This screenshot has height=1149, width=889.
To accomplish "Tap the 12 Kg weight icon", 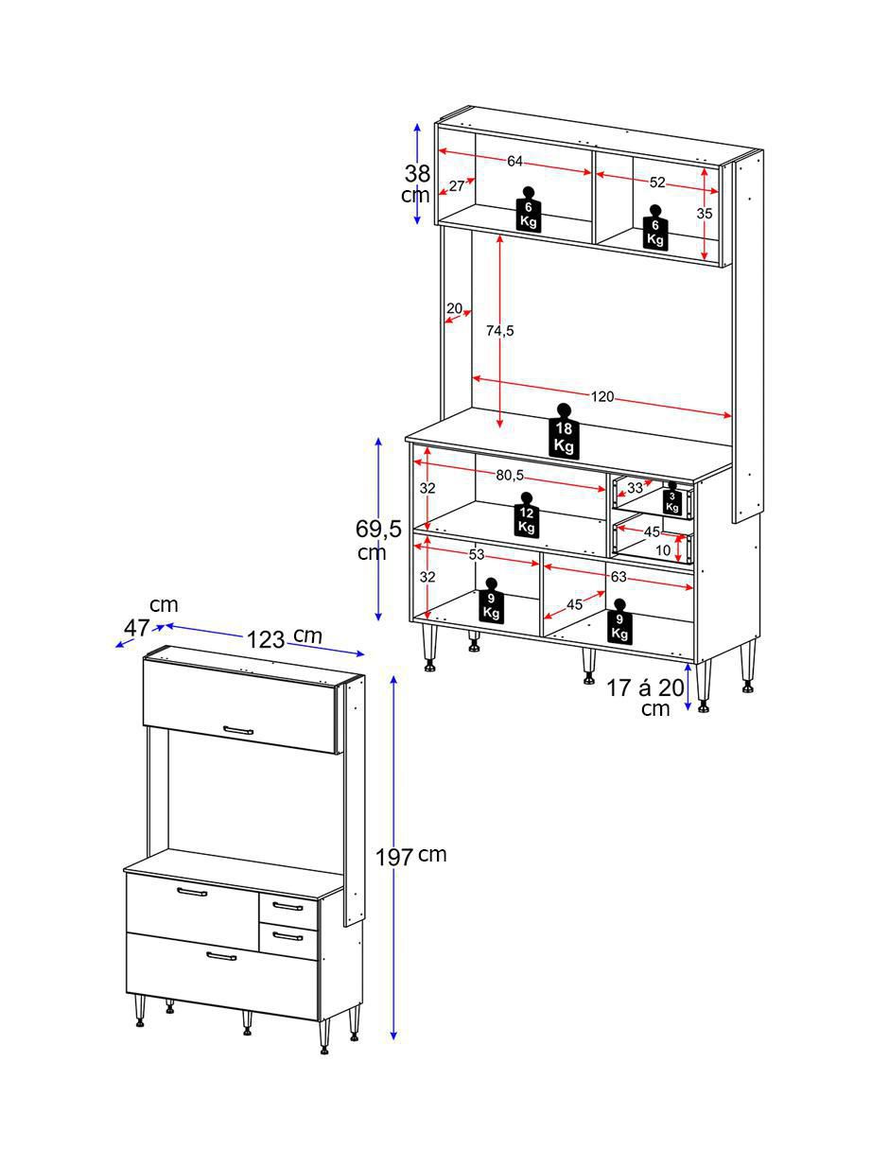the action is pos(527,514).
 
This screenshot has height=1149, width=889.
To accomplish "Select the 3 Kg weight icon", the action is pos(671,497).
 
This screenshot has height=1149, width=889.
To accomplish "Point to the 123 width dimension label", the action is pos(266,640).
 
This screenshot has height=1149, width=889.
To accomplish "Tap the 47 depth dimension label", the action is pos(137,628).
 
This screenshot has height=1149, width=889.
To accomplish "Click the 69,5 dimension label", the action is pos(379,528).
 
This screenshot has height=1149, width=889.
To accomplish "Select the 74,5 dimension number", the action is pos(500,331).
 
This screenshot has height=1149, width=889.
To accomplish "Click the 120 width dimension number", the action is pos(602,396).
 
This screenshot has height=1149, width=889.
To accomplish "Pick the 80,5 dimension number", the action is pos(510,476).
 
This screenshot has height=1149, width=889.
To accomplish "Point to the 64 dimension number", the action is pos(514,162).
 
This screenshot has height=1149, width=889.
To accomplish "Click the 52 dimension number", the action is pos(657,183).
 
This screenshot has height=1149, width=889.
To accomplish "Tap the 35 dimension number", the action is pos(704,214).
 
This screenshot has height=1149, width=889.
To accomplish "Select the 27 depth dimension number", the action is pos(457,185).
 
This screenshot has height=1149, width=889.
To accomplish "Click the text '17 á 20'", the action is pos(645,688).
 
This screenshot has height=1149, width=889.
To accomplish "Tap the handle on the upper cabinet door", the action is pos(237,730).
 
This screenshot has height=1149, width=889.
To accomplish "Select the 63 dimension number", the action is pos(619,576).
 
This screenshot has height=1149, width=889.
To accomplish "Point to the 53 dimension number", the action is pos(477,555).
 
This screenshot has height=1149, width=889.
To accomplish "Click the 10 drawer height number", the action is pos(663,550).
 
